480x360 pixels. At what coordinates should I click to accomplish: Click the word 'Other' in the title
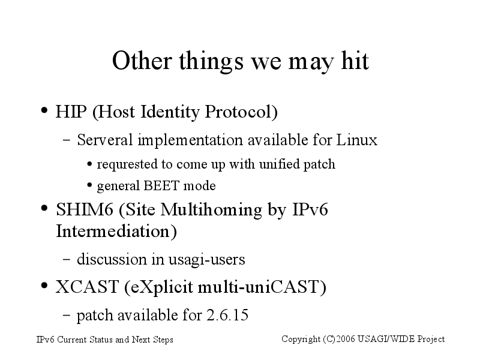pos(142,61)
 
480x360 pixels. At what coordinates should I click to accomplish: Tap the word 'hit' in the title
pos(355,61)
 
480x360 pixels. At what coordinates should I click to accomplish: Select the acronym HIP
pos(71,112)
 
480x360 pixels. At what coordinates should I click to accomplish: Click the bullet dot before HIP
pos(44,110)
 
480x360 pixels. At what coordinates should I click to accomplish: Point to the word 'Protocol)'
pos(241,112)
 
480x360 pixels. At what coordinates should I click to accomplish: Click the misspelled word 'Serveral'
pos(104,140)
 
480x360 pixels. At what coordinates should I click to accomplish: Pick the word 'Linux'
pos(357,140)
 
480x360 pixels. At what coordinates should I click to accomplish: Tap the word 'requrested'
pos(127,164)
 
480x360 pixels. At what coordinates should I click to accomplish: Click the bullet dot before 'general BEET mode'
pos(89,185)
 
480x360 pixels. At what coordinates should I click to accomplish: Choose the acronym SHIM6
pos(85,209)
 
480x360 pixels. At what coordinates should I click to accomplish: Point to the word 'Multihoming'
pos(212,210)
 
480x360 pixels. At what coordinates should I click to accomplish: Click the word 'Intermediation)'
pos(116,232)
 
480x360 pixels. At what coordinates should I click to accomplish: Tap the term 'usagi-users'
pos(207,260)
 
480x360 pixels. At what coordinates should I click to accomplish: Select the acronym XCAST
pos(87,287)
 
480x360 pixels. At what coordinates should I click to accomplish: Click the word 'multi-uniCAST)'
pos(262,287)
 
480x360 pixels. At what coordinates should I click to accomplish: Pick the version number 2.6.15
pos(227,316)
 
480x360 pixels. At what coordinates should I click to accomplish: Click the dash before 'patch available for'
pos(67,315)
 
